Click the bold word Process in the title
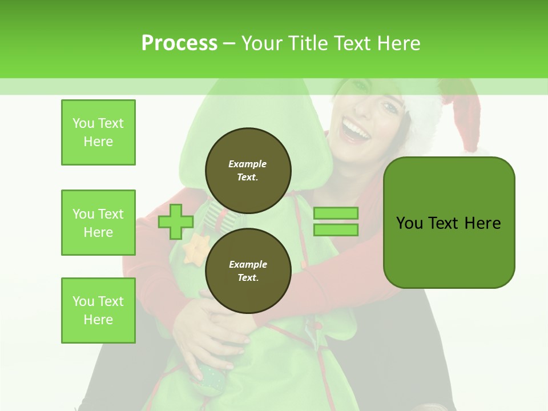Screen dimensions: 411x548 click(179, 43)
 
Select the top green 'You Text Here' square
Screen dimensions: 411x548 click(98, 132)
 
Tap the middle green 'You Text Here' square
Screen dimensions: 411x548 click(98, 223)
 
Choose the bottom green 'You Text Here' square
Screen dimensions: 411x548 click(98, 311)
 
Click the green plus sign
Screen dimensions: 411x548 click(176, 221)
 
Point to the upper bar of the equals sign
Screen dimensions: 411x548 click(336, 213)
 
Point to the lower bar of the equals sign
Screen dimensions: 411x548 click(336, 229)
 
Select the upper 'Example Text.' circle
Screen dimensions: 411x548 click(248, 170)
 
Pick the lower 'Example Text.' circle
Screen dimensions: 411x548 click(248, 271)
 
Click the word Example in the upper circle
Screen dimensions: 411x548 click(248, 164)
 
